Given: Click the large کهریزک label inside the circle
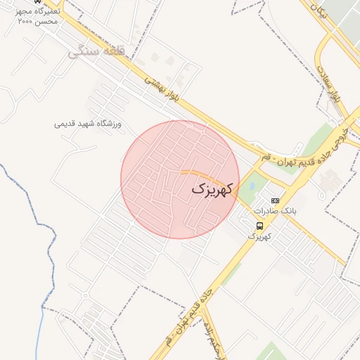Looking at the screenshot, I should [211, 189].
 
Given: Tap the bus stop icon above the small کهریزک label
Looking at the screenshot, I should [260, 226].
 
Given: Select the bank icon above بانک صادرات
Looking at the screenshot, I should [275, 200].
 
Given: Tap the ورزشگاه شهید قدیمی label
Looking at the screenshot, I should [88, 124].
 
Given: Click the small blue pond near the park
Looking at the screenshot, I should [251, 186].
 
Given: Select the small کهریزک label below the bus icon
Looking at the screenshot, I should [259, 237].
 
